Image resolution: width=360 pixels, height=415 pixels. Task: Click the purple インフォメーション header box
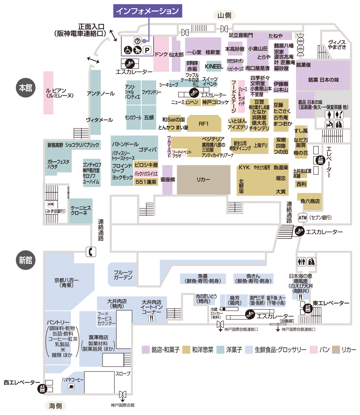[x=147, y=11]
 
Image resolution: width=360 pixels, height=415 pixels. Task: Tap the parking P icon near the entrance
[x=147, y=50]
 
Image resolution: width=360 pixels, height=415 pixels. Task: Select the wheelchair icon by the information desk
[x=128, y=50]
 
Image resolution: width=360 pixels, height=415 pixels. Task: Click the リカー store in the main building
[x=203, y=179]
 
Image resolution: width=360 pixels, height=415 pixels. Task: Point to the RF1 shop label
[x=204, y=124]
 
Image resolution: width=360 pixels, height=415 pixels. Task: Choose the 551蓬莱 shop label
[x=146, y=182]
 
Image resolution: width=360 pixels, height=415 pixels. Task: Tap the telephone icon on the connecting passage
[x=91, y=252]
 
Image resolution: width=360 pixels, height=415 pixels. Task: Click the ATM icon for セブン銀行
[x=303, y=218]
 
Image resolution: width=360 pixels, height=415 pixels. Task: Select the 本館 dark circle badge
[x=26, y=88]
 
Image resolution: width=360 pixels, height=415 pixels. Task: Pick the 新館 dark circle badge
[x=26, y=260]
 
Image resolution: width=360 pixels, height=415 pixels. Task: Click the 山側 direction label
[x=224, y=15]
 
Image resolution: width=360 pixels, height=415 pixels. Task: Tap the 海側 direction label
[x=55, y=406]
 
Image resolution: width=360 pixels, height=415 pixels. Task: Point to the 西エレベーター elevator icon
[x=42, y=389]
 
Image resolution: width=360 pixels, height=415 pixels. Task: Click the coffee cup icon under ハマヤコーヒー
[x=71, y=387]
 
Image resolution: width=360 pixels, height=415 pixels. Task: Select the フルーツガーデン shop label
[x=123, y=275]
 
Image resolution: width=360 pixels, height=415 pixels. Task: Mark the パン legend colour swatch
[x=314, y=349]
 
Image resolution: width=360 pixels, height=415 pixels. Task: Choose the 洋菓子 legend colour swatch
[x=220, y=349]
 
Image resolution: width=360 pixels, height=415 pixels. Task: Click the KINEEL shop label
[x=214, y=66]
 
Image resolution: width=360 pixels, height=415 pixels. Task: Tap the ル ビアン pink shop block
[x=48, y=93]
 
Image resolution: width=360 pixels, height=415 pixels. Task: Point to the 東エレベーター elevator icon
[x=308, y=308]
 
